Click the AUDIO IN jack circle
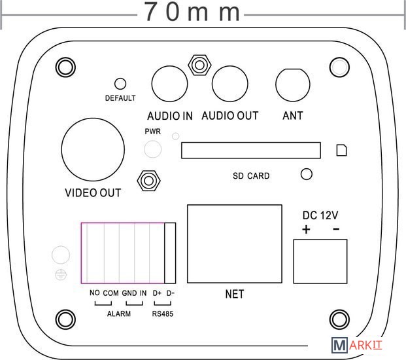[x=169, y=84]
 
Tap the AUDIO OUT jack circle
[x=230, y=84]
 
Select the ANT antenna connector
[x=293, y=84]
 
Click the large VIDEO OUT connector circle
[x=93, y=149]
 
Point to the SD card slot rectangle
[x=251, y=151]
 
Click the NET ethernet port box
[x=235, y=243]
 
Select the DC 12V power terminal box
[x=320, y=261]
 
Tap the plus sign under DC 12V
[x=306, y=230]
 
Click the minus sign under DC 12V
[x=336, y=229]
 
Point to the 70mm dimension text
[x=192, y=12]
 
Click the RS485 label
[x=163, y=314]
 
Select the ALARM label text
[x=119, y=314]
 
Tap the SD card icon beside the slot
[x=341, y=151]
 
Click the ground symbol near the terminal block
[x=61, y=274]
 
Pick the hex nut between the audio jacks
[x=199, y=65]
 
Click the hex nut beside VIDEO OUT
[x=148, y=181]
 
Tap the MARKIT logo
[x=356, y=345]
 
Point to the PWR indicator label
[x=153, y=132]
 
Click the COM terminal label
[x=111, y=293]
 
